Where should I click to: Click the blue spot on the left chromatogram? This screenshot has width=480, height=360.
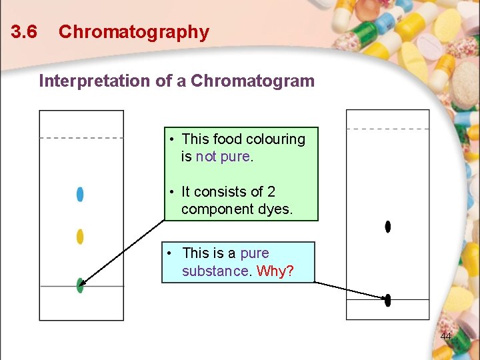coord(80,194)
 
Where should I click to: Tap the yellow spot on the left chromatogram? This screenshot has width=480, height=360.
coord(80,237)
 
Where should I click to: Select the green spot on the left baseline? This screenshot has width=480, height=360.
coord(80,285)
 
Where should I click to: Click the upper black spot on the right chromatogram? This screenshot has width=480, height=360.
coord(388,227)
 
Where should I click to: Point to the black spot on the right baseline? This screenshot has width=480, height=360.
coord(388,300)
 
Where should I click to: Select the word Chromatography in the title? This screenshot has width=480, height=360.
coord(133,32)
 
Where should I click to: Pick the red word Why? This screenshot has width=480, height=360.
coord(275,271)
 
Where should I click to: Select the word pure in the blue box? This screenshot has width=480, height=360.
coord(254,253)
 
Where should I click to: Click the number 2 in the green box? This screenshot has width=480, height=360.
coord(271,192)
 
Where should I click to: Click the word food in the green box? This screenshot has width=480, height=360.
coord(227,139)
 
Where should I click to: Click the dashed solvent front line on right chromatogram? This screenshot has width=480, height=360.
coord(388,129)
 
